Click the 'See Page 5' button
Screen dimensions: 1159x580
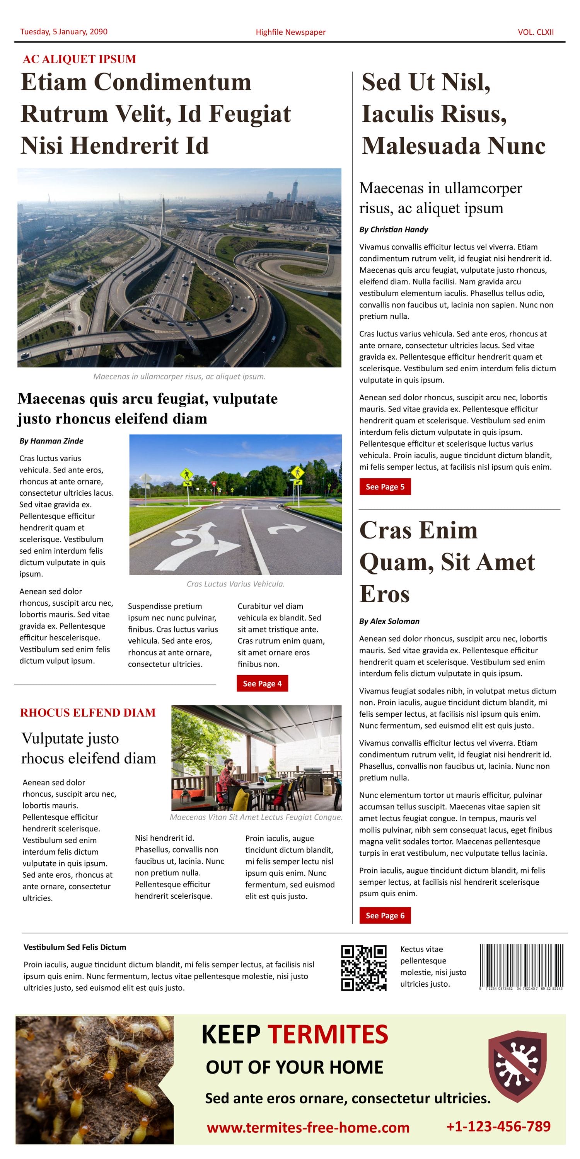385,486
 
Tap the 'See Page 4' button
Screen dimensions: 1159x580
262,683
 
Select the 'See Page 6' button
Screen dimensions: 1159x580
385,915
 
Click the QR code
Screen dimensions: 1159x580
363,968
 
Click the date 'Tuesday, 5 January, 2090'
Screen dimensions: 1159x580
64,32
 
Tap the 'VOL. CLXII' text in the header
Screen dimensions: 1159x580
536,32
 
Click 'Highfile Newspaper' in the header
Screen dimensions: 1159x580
290,32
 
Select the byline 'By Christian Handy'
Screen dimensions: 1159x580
393,229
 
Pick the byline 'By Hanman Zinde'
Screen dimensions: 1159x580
51,441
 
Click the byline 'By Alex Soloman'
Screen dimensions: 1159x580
389,621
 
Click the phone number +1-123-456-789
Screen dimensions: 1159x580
498,1126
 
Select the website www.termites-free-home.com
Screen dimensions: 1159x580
308,1127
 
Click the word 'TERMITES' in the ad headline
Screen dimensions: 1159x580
328,1034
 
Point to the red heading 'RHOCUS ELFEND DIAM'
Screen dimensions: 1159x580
88,713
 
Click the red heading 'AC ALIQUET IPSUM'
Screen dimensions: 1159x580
79,59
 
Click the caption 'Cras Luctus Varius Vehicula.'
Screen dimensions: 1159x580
235,584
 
